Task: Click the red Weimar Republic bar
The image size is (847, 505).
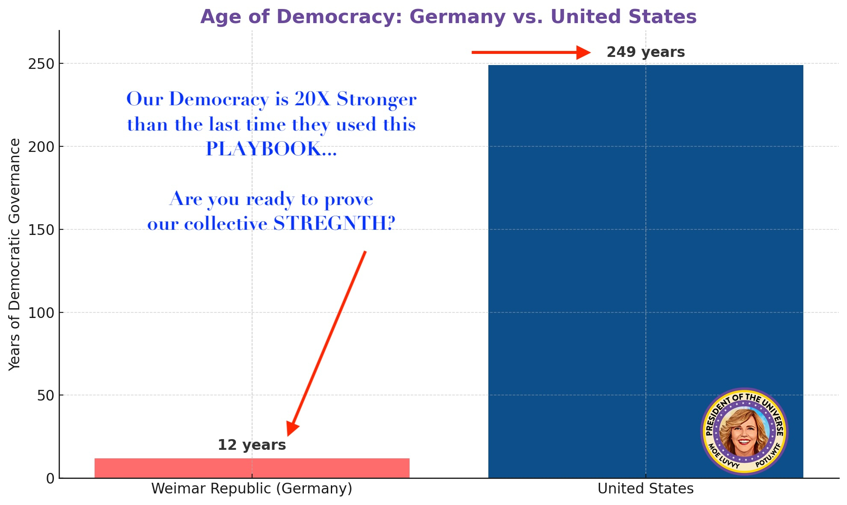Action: point(252,468)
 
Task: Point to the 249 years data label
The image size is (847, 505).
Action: point(645,52)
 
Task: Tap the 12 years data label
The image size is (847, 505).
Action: point(252,445)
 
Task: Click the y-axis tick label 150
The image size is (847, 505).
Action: point(41,230)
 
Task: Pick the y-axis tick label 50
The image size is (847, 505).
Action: point(45,395)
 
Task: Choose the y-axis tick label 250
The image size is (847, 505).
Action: point(41,64)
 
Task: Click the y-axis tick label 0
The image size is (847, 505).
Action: point(51,478)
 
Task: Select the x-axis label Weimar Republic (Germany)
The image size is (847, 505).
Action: point(252,489)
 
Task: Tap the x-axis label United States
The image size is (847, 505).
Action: point(645,489)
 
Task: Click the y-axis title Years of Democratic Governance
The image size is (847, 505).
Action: point(15,254)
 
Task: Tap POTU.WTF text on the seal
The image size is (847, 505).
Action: point(768,456)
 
